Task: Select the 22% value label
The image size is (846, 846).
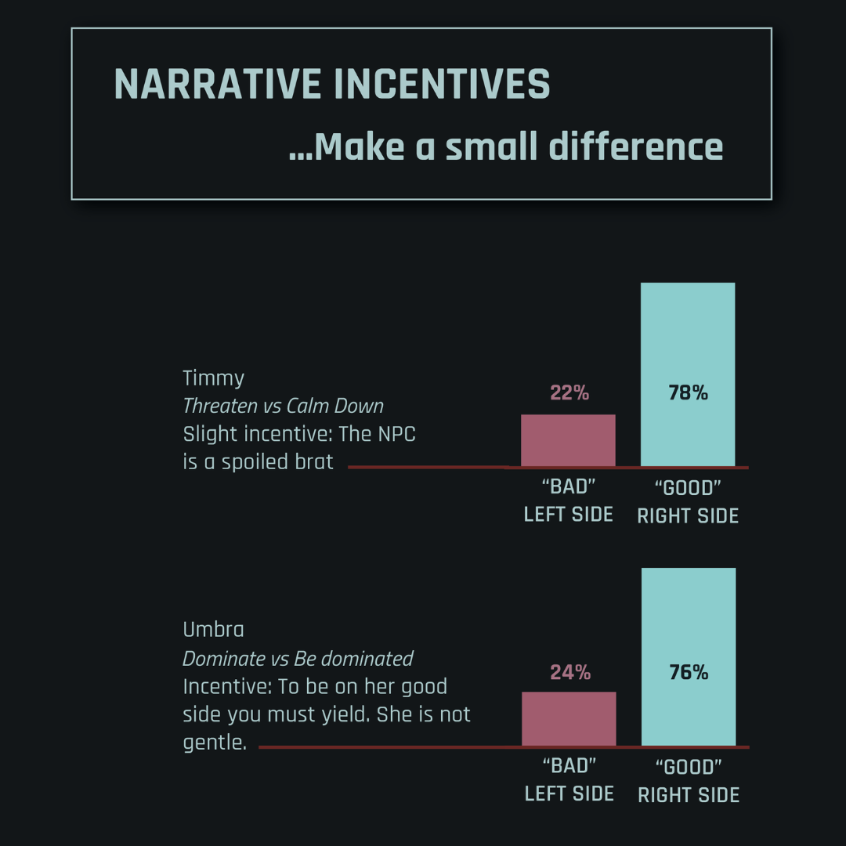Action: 569,393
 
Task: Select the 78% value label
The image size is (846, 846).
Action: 689,393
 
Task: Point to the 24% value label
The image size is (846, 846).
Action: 569,672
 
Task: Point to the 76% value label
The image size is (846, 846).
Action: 689,672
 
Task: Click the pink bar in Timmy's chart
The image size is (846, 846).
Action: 568,441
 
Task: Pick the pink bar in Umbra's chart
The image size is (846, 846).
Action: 569,718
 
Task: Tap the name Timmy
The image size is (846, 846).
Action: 214,378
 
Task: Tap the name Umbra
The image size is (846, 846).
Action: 213,630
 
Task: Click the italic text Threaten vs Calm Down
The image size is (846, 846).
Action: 283,407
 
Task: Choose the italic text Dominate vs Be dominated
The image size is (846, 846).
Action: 298,659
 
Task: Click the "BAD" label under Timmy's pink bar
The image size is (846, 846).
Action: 569,487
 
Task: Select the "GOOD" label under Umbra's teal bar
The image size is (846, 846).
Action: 689,767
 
